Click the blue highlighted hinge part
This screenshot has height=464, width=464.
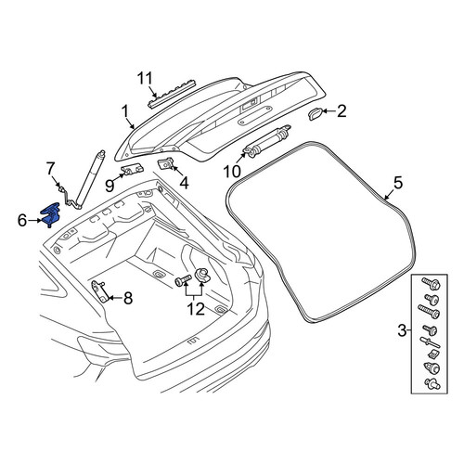(x=50, y=214)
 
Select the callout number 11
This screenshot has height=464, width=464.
(x=145, y=79)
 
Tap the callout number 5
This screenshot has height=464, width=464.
(x=398, y=183)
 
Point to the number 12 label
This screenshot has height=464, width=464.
(x=196, y=309)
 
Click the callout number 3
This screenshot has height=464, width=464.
(x=402, y=330)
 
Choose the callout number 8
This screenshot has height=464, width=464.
(x=128, y=298)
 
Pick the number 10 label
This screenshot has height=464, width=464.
(x=232, y=172)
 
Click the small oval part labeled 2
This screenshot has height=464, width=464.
(x=315, y=114)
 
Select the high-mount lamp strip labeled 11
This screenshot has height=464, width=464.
(x=172, y=94)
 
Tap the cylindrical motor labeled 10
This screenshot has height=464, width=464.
(x=267, y=142)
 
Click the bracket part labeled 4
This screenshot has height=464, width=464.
(x=166, y=163)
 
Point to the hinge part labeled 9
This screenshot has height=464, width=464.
(x=132, y=170)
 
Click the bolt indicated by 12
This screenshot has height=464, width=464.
(x=183, y=279)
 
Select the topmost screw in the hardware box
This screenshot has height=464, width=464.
(x=431, y=283)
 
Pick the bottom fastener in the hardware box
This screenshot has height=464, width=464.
(x=432, y=384)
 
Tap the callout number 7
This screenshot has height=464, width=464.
(x=50, y=168)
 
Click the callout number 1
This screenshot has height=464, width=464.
(x=125, y=111)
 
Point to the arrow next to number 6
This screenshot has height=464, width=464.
(x=34, y=221)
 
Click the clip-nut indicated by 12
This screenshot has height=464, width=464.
(x=201, y=275)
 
